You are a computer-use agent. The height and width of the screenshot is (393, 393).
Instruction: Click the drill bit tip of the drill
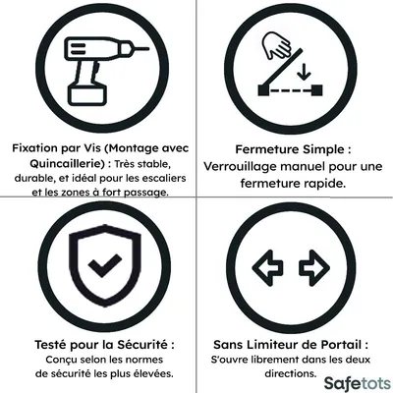tap(148, 49)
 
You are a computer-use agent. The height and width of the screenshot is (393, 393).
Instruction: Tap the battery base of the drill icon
tap(87, 94)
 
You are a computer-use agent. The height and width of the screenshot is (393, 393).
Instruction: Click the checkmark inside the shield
tap(105, 265)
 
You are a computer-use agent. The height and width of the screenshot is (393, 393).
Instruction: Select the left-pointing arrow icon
tap(267, 268)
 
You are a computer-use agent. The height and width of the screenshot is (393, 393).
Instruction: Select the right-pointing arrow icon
tap(314, 268)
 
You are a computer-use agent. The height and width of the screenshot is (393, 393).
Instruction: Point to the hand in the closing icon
tap(277, 45)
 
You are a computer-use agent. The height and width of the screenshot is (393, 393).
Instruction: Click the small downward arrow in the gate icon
tap(305, 72)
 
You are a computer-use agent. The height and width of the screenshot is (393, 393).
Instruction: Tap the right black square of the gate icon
tap(317, 90)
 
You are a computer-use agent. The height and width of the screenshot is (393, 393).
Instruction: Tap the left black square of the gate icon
tap(263, 90)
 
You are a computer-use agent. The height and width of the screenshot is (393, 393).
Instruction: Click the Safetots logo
tap(358, 383)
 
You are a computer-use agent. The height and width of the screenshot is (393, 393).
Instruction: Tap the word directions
tap(291, 373)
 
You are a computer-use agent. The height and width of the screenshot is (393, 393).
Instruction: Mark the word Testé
tap(50, 345)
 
